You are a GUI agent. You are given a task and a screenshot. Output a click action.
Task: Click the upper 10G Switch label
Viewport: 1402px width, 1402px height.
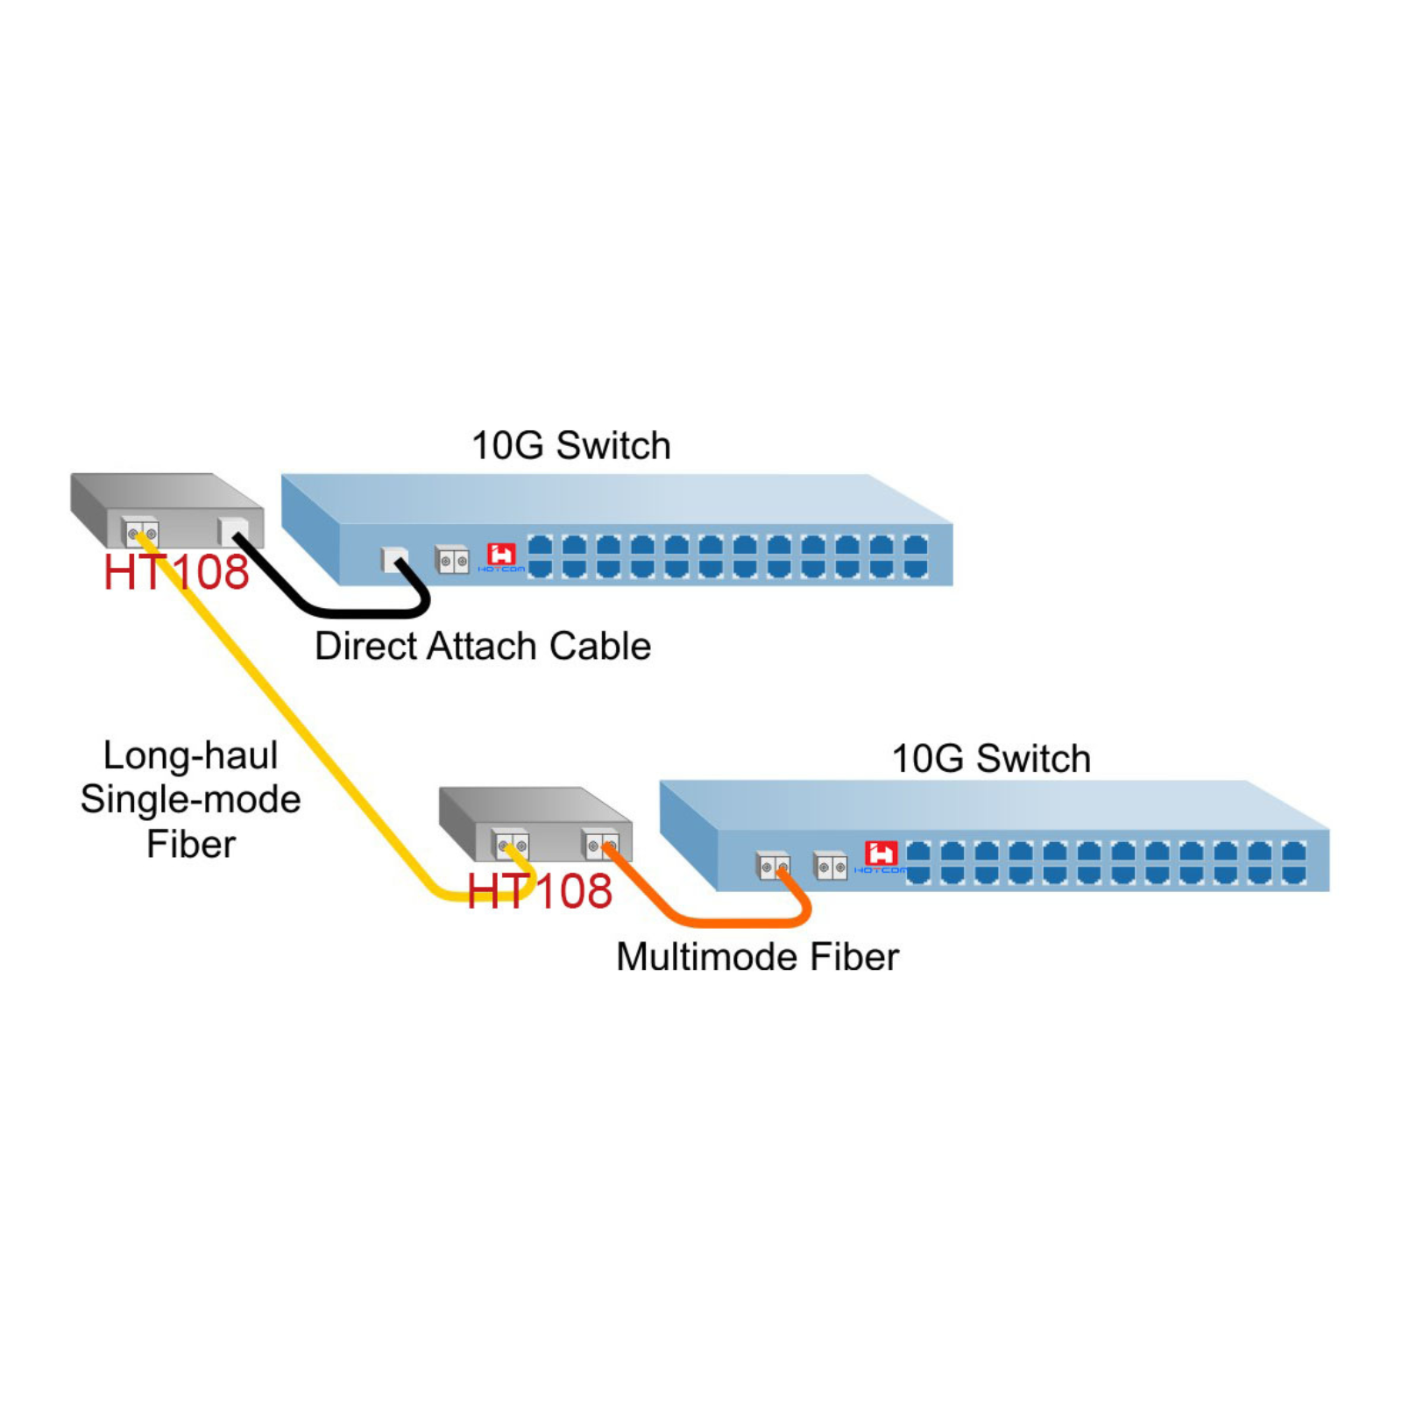570,446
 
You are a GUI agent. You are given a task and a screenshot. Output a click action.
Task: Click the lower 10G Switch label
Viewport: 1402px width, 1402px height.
991,759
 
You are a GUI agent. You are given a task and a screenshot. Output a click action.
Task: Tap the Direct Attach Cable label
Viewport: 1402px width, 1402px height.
483,647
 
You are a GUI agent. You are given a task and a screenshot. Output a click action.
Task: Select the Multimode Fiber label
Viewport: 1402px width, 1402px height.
757,957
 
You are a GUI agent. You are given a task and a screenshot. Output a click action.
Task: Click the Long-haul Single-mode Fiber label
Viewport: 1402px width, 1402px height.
191,799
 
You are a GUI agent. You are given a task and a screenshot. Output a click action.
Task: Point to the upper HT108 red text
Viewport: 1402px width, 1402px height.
176,573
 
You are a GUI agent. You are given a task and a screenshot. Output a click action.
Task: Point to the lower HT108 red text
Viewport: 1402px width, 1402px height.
539,892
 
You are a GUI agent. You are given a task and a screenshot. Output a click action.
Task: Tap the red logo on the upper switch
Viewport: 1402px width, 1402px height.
501,554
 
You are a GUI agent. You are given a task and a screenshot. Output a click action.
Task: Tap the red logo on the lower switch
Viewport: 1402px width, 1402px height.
881,853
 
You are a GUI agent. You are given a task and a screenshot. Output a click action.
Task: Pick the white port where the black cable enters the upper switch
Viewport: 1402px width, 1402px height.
394,559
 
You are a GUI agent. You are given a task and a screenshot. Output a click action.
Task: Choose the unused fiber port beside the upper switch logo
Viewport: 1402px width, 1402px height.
452,560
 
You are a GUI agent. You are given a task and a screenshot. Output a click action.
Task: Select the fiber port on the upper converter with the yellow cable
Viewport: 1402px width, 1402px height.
141,532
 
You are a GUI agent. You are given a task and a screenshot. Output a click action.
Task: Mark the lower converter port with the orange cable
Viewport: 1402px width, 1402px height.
601,846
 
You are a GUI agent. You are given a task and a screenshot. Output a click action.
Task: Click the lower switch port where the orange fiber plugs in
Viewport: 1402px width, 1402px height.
773,867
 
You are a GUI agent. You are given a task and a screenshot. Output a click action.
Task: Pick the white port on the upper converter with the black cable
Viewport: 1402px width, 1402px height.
234,530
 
